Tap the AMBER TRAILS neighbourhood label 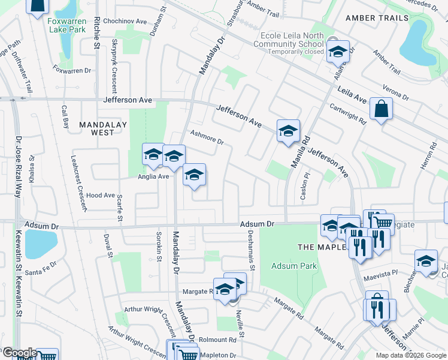[377, 18]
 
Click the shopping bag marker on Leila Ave [381, 109]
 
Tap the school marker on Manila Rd [288, 131]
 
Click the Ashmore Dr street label [207, 138]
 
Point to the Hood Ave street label [100, 196]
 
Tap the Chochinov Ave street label [125, 21]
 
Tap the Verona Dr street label [396, 91]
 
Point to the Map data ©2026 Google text [410, 355]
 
